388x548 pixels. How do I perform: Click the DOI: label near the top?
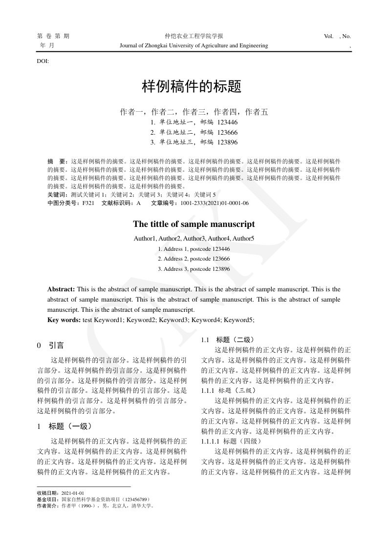click(43, 61)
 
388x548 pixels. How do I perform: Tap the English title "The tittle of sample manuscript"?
click(194, 224)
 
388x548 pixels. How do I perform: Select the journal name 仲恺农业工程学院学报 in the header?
click(194, 36)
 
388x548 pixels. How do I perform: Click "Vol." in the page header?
click(328, 36)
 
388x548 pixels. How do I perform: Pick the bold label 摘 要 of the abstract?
click(57, 161)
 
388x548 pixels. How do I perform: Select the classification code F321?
click(88, 203)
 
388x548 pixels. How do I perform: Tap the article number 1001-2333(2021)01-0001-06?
click(215, 203)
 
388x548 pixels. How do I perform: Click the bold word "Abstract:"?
click(61, 289)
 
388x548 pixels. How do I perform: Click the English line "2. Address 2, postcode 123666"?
click(194, 259)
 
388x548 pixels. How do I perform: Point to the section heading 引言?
click(56, 345)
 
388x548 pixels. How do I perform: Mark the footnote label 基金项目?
click(47, 500)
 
